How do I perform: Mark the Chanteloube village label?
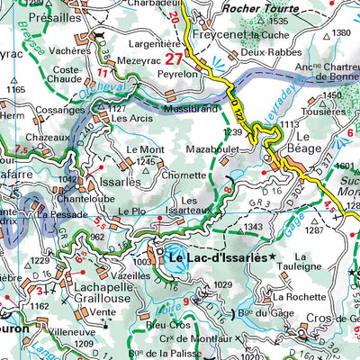coord(89,199)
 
